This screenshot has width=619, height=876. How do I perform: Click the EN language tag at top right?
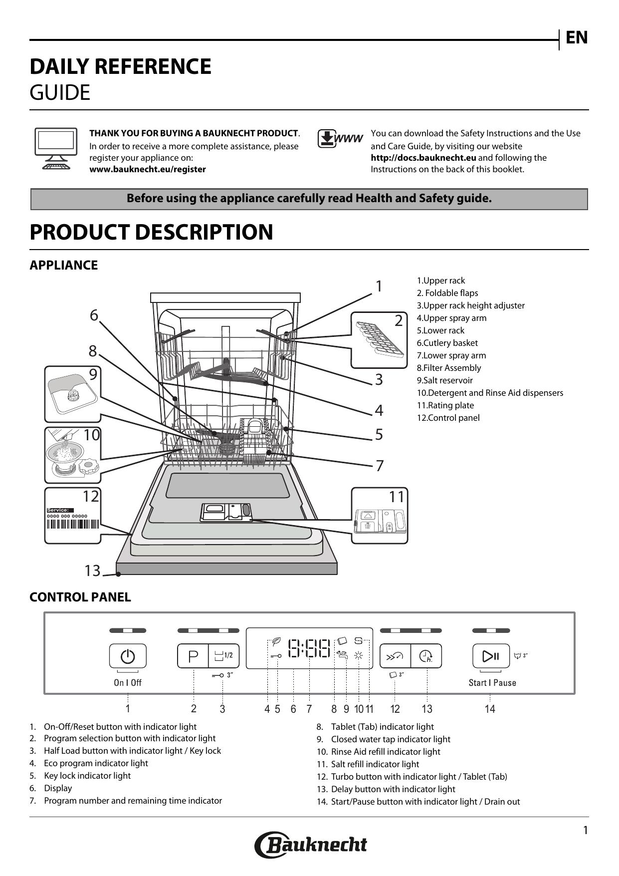[577, 38]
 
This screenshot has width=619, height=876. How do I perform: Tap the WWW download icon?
[340, 139]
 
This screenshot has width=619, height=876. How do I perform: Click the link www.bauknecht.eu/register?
[147, 169]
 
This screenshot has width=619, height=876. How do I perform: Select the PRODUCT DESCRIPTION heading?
[151, 232]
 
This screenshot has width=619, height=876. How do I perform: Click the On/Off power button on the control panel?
[128, 656]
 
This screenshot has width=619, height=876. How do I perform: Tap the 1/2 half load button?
[224, 656]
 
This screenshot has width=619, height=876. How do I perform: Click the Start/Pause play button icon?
[491, 656]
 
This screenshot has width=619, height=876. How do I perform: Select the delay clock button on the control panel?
[426, 656]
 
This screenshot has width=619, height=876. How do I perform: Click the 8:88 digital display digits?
[310, 649]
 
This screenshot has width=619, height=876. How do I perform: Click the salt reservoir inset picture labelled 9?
[72, 394]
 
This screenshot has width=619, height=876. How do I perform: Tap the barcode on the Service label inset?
[73, 524]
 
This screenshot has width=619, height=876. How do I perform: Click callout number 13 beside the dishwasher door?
[92, 571]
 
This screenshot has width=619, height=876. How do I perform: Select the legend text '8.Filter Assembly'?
[448, 368]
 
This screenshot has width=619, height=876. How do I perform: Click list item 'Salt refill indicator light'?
[375, 764]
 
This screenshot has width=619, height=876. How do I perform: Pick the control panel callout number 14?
[490, 709]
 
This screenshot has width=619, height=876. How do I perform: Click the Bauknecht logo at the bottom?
[310, 845]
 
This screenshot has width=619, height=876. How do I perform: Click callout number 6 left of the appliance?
[94, 315]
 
